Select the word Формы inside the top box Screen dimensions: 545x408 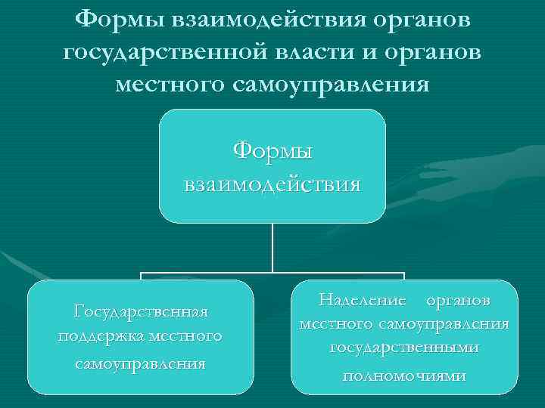point(272,151)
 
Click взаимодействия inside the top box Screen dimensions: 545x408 point(272,184)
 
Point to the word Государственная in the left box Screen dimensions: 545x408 point(141,311)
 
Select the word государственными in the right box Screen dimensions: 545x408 point(405,348)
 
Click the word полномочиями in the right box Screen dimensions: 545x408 point(405,375)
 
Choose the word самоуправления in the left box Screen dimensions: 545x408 point(141,363)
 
